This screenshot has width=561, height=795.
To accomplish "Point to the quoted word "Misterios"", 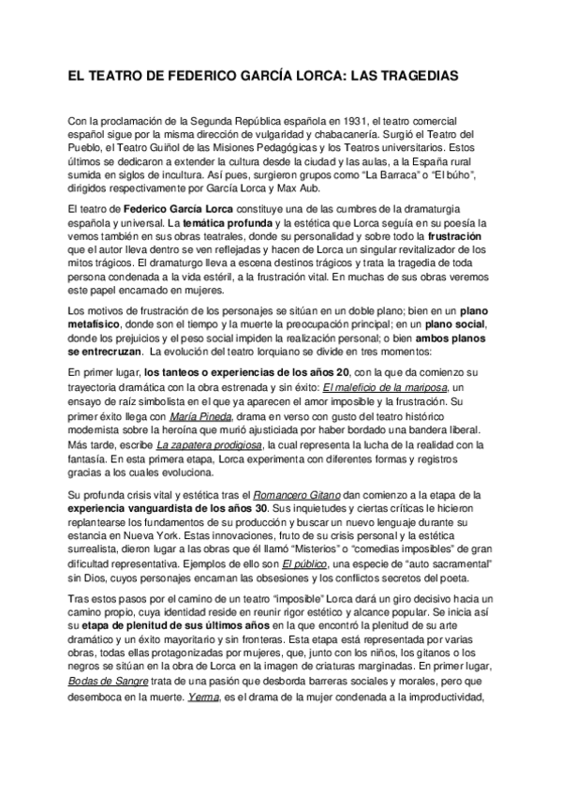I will [x=300, y=546].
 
